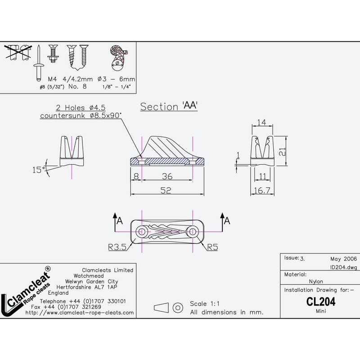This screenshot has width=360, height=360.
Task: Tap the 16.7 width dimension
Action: click(x=262, y=190)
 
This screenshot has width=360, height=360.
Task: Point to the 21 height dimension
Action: click(x=282, y=152)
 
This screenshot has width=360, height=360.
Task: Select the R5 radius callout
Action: click(x=212, y=246)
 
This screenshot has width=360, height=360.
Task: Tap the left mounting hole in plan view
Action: click(x=142, y=232)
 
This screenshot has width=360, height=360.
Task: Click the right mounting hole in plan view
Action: click(x=193, y=232)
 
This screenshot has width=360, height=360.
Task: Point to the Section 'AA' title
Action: click(x=169, y=107)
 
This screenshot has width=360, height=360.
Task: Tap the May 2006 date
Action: click(x=343, y=259)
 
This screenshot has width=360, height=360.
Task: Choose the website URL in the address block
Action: click(x=80, y=312)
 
